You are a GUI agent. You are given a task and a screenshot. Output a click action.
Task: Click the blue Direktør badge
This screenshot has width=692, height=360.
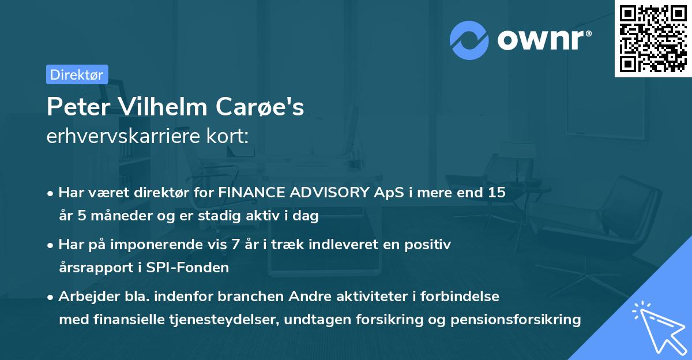(77, 74)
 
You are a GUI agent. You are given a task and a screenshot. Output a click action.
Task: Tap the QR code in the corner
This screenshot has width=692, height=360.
(653, 39)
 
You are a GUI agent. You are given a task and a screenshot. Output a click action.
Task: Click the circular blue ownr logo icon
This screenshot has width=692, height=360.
(469, 40)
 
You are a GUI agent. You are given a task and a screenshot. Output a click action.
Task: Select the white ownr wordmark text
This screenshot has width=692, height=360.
(544, 40)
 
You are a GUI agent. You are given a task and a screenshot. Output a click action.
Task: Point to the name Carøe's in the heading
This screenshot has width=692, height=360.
(260, 107)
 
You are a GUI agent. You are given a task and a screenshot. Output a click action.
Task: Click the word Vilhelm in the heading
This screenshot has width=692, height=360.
(163, 107)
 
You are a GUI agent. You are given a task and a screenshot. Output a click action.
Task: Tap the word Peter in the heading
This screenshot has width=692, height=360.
(78, 107)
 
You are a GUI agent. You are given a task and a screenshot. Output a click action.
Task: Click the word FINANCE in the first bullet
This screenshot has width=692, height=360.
(251, 192)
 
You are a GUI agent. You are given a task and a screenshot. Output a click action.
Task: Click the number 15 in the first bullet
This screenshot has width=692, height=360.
(497, 192)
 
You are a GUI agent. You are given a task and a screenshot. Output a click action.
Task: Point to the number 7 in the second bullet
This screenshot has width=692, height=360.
(235, 245)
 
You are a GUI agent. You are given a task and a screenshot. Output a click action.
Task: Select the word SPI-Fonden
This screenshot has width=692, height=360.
(187, 267)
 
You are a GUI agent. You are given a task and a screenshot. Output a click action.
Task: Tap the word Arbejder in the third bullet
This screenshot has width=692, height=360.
(89, 297)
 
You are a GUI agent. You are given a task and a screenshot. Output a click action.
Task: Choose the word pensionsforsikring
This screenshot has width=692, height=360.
(516, 320)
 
